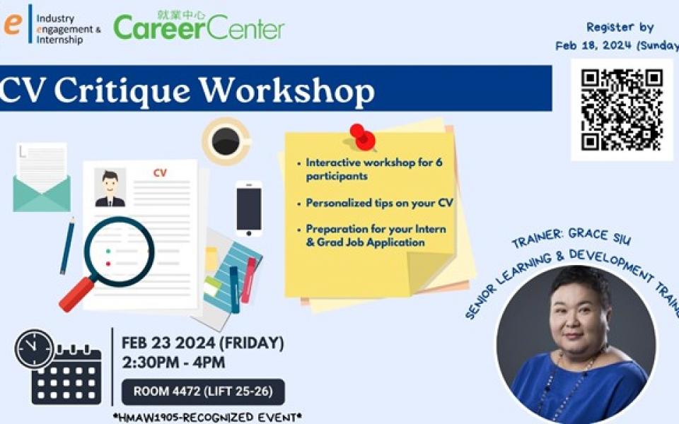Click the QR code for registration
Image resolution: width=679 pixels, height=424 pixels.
coord(622,110)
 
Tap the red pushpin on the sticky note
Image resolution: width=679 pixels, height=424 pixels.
coord(362,137)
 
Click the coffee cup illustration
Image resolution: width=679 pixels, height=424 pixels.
coord(226,141)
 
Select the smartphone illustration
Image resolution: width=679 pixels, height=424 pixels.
coord(248,208)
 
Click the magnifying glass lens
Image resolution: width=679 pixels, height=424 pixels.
coord(119,252)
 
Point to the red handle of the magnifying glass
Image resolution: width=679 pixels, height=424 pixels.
coord(76,295)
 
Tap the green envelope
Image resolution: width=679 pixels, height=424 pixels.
coord(42,194)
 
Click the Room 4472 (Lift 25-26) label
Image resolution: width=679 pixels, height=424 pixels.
coord(203,391)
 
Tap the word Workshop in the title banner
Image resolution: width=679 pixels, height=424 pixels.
coord(286,91)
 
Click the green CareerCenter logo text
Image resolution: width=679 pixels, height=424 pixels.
coord(199,28)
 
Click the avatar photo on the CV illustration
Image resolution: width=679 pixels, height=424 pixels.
coord(110,188)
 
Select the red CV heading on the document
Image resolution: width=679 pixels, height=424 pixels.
coord(160,173)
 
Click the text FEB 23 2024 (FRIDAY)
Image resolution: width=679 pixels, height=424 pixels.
coord(203,343)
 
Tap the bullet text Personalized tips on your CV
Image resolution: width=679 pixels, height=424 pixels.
coord(379,203)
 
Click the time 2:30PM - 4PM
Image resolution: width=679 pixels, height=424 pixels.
coord(173,363)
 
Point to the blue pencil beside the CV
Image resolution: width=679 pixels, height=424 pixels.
coord(68,246)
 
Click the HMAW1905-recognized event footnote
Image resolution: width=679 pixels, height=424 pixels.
coord(207,418)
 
